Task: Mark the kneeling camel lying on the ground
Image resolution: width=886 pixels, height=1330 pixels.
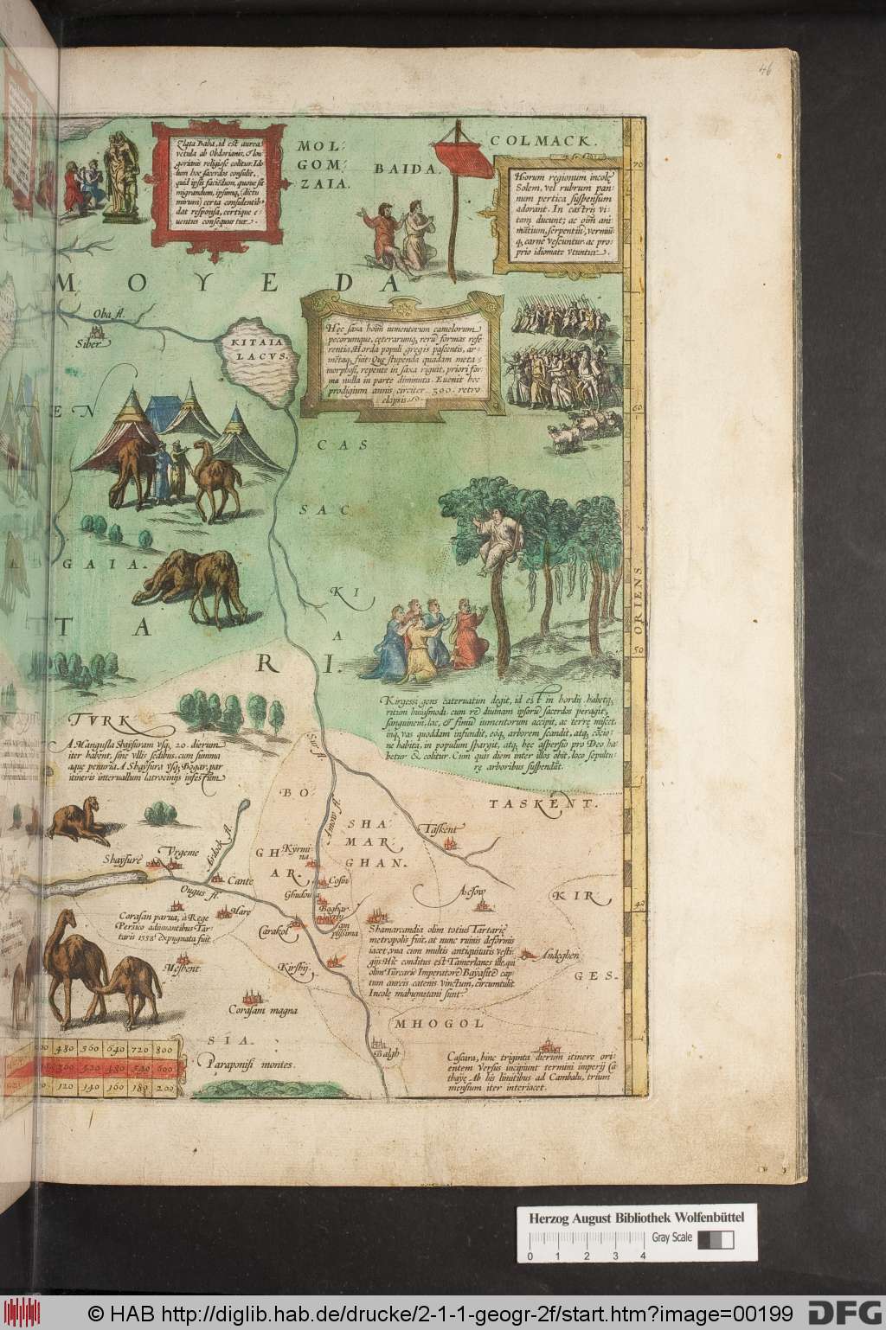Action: [x=79, y=822]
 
